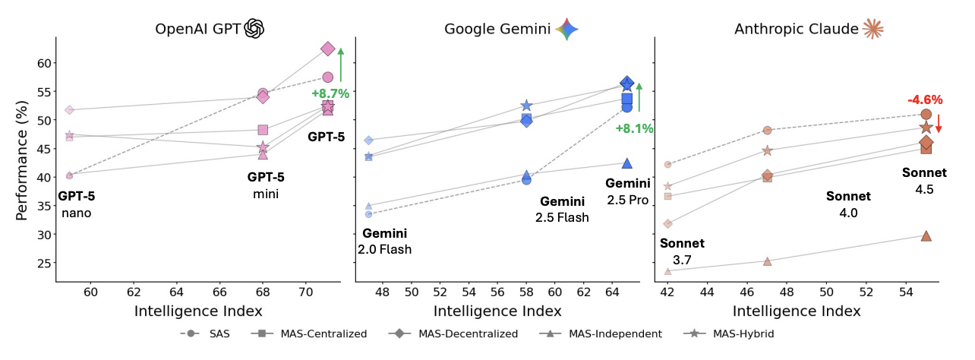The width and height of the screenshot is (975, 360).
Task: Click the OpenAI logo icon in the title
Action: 254,29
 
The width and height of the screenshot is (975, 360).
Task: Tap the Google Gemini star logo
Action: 566,29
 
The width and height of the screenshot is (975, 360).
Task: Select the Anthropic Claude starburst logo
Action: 872,29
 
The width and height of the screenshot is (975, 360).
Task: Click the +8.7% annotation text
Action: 330,93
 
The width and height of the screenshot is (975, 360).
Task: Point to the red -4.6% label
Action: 925,99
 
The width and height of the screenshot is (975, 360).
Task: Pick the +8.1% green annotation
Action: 634,128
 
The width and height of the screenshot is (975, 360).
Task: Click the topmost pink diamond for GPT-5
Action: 328,49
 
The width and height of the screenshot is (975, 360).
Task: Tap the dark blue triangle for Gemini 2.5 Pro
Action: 626,163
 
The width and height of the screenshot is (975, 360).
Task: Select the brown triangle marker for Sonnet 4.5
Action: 926,236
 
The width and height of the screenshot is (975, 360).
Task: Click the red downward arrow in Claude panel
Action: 939,124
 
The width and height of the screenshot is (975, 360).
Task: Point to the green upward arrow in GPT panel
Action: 341,65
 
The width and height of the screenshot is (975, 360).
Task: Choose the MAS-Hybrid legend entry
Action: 729,334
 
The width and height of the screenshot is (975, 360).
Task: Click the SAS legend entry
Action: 205,334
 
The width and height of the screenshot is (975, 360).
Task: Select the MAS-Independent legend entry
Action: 600,334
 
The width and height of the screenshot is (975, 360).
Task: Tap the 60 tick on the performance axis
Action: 44,63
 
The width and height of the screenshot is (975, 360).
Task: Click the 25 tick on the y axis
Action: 44,263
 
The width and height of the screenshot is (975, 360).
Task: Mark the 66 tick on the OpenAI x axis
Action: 219,292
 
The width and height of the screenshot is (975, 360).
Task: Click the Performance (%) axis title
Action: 21,160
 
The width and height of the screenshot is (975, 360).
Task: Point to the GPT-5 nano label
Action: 76,204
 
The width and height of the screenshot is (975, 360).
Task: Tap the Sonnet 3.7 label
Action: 682,251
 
